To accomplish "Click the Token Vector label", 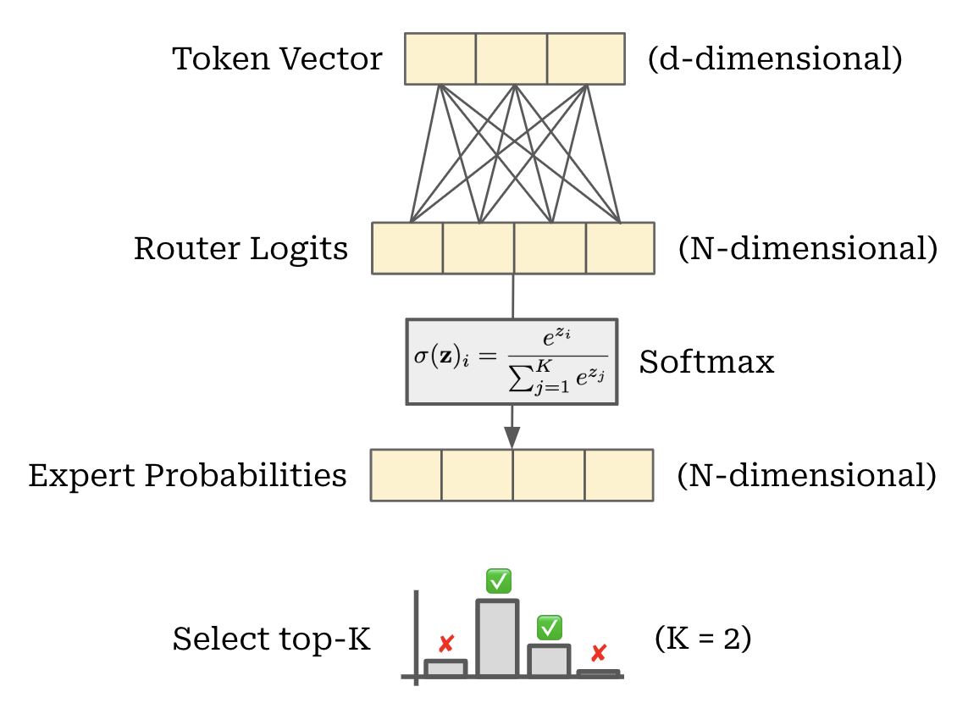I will point(277,59).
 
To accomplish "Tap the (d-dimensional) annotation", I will point(774,59).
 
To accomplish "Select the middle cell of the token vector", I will point(511,58).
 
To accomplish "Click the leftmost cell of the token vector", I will point(440,58).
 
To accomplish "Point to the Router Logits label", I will point(241,249).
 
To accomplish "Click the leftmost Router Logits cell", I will point(407,248).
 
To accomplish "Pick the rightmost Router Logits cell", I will point(620,248).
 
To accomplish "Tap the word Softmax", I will point(706,362).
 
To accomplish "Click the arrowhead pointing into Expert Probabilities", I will point(512,436).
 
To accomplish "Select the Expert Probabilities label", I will point(187,475).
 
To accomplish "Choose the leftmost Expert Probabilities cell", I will point(407,475).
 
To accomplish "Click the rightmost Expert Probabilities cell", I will point(618,475).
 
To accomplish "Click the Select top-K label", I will point(271,639).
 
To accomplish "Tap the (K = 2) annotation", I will point(703,639).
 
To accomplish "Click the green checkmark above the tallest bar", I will point(498,581).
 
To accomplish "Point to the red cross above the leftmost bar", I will point(446,643).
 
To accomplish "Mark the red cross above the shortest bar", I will point(599,653).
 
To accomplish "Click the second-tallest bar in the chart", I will point(549,661).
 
